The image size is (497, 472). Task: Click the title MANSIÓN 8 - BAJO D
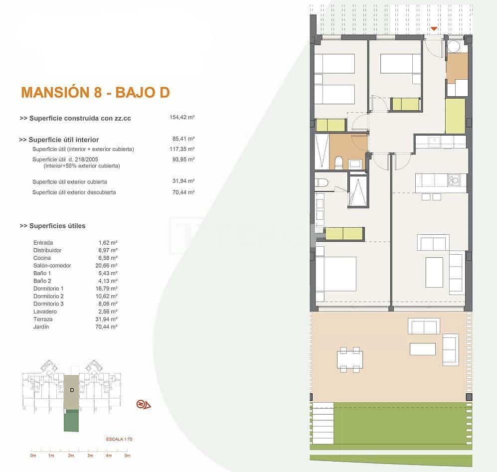[95, 92]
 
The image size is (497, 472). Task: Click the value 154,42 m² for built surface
[182, 118]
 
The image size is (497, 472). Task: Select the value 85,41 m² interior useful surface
[183, 140]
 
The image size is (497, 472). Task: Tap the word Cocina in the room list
[41, 258]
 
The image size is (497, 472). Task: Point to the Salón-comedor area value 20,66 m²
[108, 266]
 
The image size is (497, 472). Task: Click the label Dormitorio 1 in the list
[48, 289]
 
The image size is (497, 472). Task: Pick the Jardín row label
[41, 327]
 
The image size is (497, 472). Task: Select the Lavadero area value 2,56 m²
[108, 312]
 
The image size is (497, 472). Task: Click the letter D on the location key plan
[72, 390]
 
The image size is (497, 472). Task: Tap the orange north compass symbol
[144, 404]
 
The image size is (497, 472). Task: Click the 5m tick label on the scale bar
[127, 456]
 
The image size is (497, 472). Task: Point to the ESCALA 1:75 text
[119, 439]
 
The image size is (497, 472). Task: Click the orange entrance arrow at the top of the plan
[434, 29]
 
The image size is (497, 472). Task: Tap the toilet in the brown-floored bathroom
[338, 161]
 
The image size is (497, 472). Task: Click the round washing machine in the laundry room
[454, 46]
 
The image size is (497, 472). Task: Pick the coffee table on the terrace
[422, 349]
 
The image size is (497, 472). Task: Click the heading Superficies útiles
[52, 226]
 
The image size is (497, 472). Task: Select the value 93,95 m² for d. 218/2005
[183, 159]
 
